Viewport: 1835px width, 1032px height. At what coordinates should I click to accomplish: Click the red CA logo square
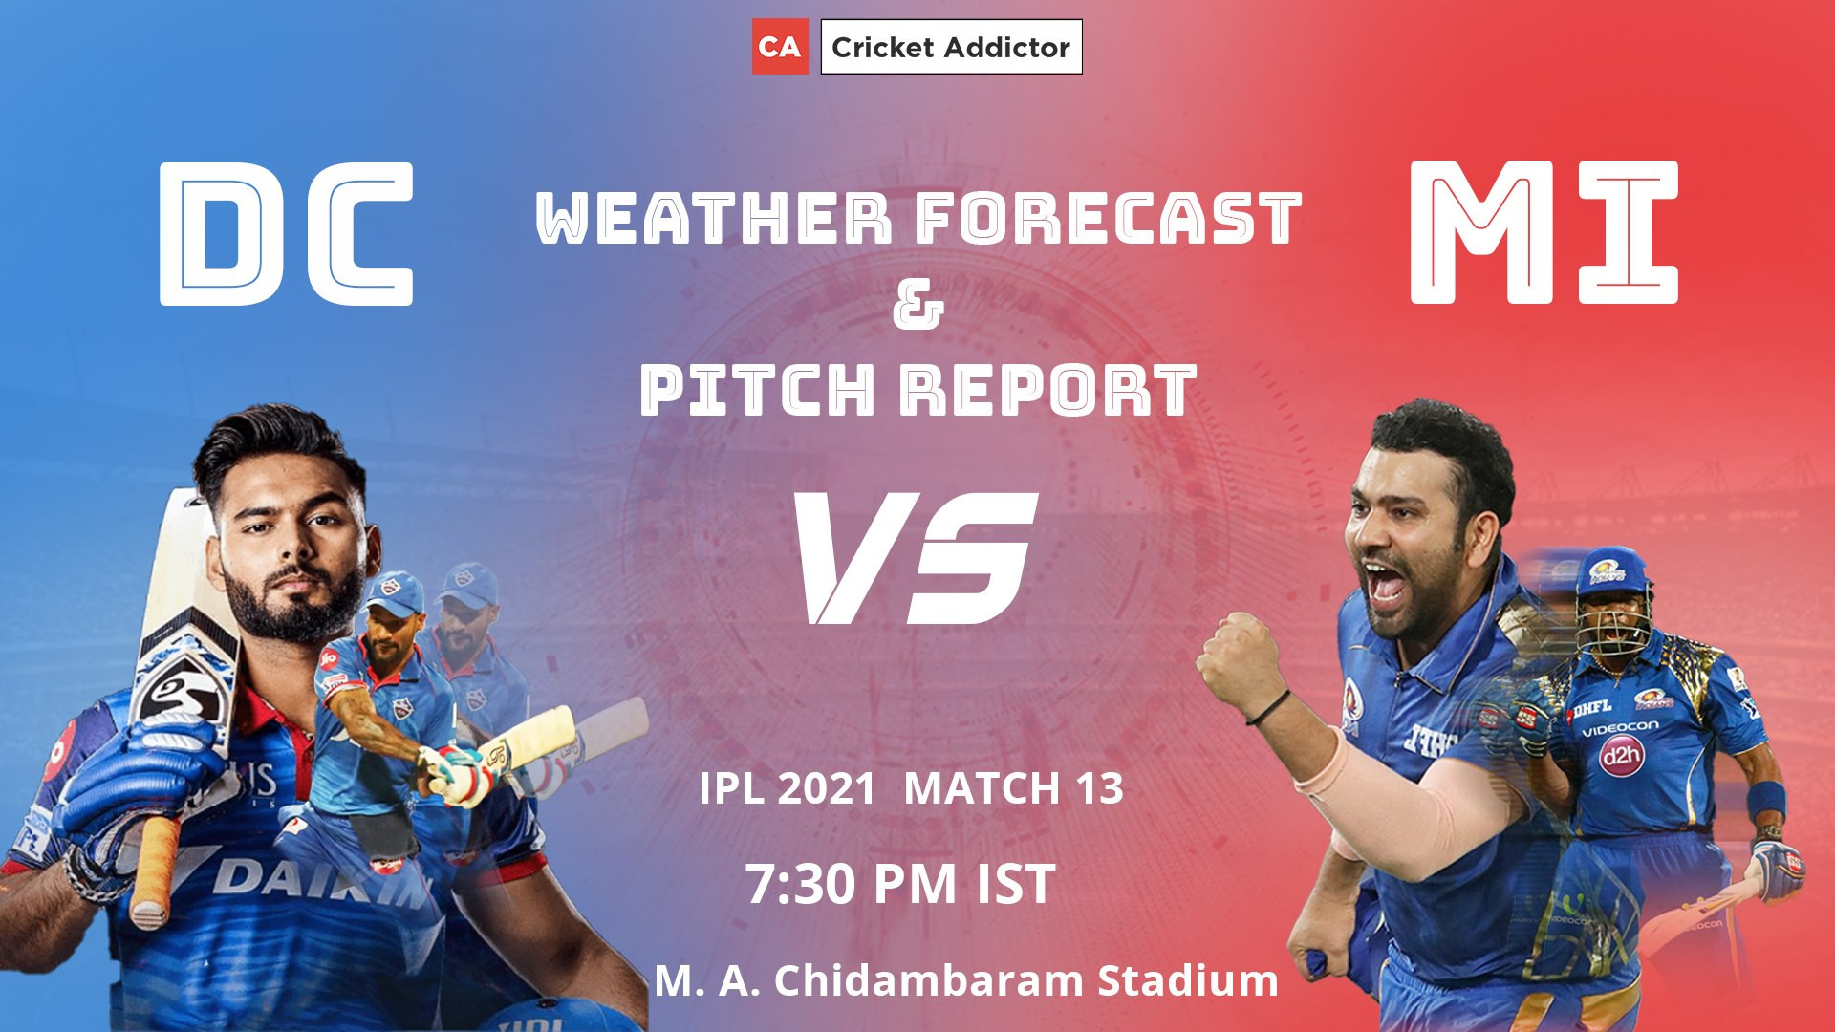(780, 46)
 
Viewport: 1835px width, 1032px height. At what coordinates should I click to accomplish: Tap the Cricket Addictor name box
(951, 47)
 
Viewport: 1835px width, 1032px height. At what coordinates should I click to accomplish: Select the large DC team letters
(286, 233)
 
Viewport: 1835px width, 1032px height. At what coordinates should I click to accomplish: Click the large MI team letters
(1544, 232)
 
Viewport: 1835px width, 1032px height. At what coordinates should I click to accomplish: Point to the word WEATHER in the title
(714, 218)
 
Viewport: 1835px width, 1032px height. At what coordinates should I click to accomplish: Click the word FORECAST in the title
(1109, 218)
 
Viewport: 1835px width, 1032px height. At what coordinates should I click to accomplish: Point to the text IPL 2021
(788, 789)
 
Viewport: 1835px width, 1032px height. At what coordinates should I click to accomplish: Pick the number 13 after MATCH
(1098, 789)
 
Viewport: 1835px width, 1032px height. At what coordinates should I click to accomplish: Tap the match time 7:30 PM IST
(900, 884)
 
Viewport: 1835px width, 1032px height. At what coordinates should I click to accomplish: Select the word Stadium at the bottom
(1188, 980)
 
